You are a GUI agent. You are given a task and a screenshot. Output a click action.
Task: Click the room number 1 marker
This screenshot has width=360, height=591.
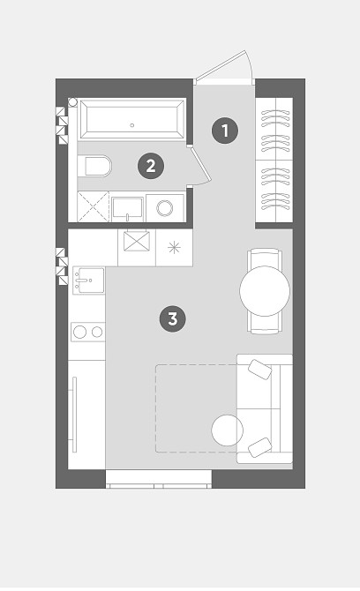click(225, 131)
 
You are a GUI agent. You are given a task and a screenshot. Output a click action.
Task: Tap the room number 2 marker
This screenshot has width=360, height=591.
click(151, 166)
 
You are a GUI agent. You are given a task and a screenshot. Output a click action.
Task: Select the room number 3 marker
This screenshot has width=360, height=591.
click(173, 318)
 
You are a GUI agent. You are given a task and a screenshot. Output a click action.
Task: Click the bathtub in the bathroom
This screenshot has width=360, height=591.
click(132, 119)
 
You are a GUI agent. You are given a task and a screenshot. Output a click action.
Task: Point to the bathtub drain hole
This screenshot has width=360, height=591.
click(132, 125)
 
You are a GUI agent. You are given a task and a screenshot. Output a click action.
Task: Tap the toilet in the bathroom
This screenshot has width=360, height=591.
click(95, 166)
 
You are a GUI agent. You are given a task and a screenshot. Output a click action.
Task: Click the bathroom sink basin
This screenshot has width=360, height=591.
click(127, 207)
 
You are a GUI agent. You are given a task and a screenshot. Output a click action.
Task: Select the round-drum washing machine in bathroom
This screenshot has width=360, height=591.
click(165, 207)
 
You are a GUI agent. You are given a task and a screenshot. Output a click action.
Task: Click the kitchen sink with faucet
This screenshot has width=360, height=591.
click(88, 281)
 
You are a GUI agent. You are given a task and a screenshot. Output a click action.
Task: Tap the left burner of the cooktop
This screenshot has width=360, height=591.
click(80, 332)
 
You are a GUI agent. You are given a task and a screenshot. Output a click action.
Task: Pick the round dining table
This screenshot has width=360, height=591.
click(265, 291)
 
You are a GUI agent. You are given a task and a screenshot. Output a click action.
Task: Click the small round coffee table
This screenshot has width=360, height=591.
click(228, 430)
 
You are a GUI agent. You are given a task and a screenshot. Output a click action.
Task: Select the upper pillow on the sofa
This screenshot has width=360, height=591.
click(260, 370)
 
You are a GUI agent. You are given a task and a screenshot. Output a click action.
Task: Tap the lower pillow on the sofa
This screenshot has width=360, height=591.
click(260, 447)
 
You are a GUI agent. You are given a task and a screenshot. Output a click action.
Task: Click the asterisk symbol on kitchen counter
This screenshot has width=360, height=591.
click(174, 248)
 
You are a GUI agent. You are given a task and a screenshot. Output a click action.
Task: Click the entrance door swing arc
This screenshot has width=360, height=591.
click(249, 64)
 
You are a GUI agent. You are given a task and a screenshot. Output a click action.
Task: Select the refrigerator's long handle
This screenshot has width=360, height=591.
click(74, 415)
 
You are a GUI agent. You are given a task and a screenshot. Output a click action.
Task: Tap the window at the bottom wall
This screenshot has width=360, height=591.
click(158, 479)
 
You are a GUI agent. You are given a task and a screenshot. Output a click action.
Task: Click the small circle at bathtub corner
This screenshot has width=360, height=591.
click(72, 102)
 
